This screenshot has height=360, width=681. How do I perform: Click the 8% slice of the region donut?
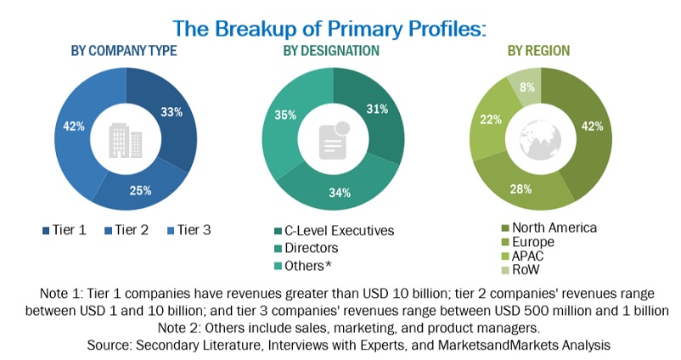[x=526, y=87]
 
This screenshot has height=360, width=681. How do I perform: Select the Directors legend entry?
[x=310, y=248]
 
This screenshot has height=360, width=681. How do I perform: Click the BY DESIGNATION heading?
[x=331, y=51]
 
